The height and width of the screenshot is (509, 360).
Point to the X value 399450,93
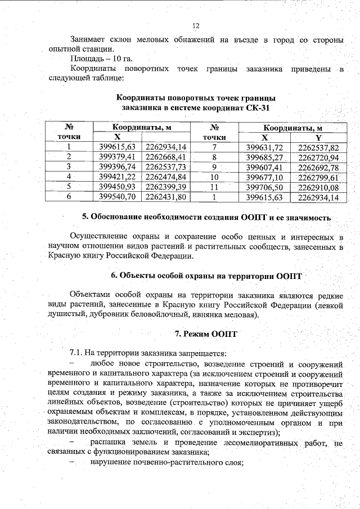click(118, 187)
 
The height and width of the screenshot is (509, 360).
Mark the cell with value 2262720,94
click(318, 157)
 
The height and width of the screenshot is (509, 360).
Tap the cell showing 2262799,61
click(318, 177)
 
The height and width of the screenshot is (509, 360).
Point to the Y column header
click(318, 137)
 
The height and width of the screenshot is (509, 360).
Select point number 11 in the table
click(213, 187)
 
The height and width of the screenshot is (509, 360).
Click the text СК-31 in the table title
click(259, 107)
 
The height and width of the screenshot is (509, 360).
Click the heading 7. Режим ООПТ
click(206, 334)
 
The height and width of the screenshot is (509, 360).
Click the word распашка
click(109, 443)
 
